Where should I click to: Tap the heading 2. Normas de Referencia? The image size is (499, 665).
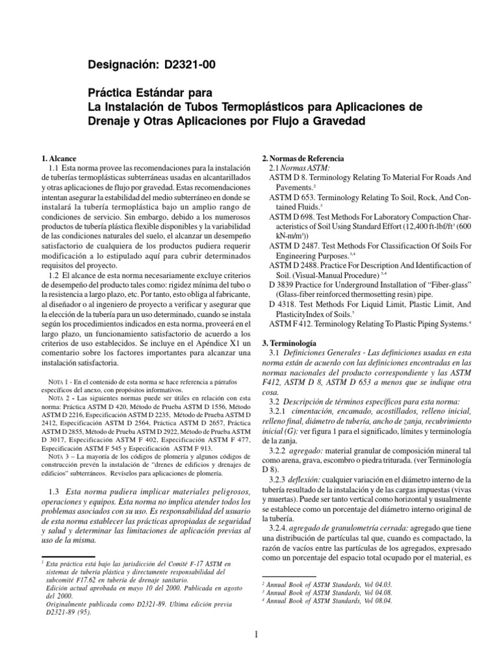(302, 158)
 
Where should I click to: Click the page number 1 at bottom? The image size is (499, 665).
(257, 635)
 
